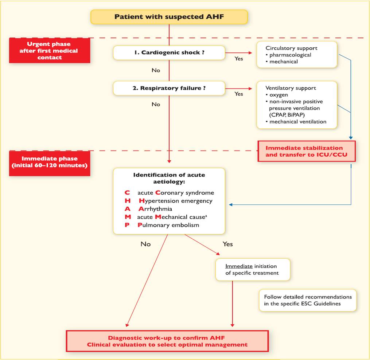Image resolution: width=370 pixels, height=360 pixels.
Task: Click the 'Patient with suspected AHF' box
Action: tap(169, 17)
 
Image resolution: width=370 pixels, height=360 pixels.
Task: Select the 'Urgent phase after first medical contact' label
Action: tap(49, 51)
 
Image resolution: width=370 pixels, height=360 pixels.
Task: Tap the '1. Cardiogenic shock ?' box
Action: tap(169, 53)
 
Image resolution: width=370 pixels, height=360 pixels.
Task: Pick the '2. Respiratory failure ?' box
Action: tap(169, 88)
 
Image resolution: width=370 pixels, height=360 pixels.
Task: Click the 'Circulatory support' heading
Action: tap(291, 48)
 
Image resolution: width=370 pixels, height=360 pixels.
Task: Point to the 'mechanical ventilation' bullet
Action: tap(298, 122)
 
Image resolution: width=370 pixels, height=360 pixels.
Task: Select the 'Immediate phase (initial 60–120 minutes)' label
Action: tap(49, 162)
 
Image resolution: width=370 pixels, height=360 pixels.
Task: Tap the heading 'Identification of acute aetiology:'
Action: tap(169, 178)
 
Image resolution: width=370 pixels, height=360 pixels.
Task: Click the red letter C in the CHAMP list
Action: tap(127, 193)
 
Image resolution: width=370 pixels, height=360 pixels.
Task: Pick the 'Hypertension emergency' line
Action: tap(175, 201)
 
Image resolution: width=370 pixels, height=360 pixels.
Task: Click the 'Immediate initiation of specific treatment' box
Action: tap(253, 270)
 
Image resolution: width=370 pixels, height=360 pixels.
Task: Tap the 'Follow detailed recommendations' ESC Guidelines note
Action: tap(308, 300)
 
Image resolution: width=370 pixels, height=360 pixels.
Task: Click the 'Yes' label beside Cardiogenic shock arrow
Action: tap(238, 59)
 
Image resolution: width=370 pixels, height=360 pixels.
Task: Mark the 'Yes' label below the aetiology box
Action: tap(227, 244)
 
